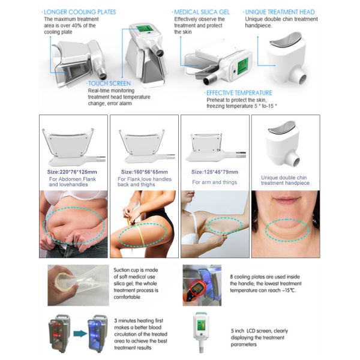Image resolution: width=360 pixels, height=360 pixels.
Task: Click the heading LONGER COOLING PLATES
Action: click(x=80, y=12)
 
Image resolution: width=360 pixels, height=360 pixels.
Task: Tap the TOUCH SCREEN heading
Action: click(x=109, y=83)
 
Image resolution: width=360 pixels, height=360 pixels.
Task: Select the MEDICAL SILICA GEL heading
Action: click(x=202, y=12)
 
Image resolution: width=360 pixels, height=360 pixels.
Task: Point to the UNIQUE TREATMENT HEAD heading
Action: click(x=280, y=12)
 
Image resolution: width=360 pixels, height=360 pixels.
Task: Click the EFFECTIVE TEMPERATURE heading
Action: click(x=239, y=93)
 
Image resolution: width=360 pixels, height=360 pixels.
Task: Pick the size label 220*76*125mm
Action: click(x=72, y=172)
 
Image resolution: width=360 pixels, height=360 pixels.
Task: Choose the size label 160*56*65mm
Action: click(x=145, y=172)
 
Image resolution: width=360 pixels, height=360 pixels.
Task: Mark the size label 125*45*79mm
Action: click(x=215, y=172)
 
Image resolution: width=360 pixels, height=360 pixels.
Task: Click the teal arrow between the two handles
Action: click(x=80, y=334)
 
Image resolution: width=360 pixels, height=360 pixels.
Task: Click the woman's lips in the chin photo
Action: click(x=287, y=200)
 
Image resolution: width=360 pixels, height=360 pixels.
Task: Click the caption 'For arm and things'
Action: click(x=214, y=182)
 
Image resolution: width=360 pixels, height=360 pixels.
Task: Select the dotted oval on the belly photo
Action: click(x=74, y=225)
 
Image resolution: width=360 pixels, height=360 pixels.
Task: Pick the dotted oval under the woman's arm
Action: click(x=225, y=225)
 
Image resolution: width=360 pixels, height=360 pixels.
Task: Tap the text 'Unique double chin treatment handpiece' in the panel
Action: click(x=285, y=180)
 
